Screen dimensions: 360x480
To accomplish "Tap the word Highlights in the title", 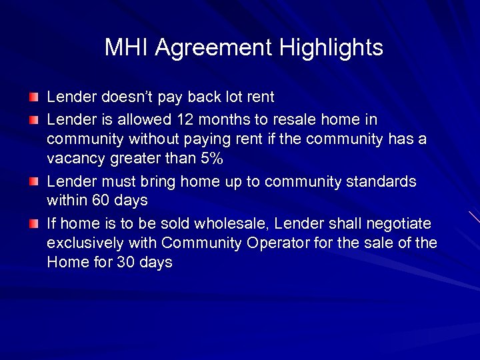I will coord(331,48).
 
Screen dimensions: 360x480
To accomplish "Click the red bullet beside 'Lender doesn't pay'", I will coord(33,97).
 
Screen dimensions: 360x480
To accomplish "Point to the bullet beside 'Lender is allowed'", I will coord(33,120).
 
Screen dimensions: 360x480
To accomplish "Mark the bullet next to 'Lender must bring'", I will coord(33,181).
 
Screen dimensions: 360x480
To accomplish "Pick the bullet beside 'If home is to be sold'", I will coord(33,223).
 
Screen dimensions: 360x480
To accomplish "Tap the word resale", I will coord(296,119).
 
